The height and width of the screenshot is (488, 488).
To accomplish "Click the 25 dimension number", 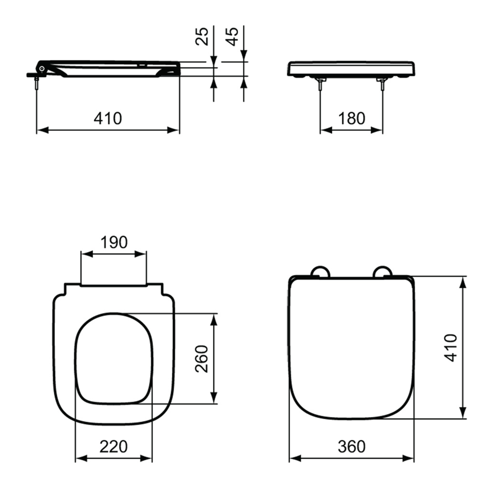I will tap(202, 36).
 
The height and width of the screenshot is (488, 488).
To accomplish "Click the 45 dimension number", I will tap(232, 36).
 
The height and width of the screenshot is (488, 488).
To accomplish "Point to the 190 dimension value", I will tap(114, 242).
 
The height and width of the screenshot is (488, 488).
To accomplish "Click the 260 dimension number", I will tap(202, 359).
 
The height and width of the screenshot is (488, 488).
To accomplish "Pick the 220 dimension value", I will tap(113, 447).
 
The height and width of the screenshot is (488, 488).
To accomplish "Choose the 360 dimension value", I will tap(352, 447).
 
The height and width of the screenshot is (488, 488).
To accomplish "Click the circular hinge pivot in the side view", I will tap(42, 68).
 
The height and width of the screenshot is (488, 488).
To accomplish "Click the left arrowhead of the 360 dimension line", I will tap(295, 458).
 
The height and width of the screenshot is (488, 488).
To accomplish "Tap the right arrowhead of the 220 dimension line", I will tap(146, 458).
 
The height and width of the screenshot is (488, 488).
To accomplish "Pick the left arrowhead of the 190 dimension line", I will tap(87, 254).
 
